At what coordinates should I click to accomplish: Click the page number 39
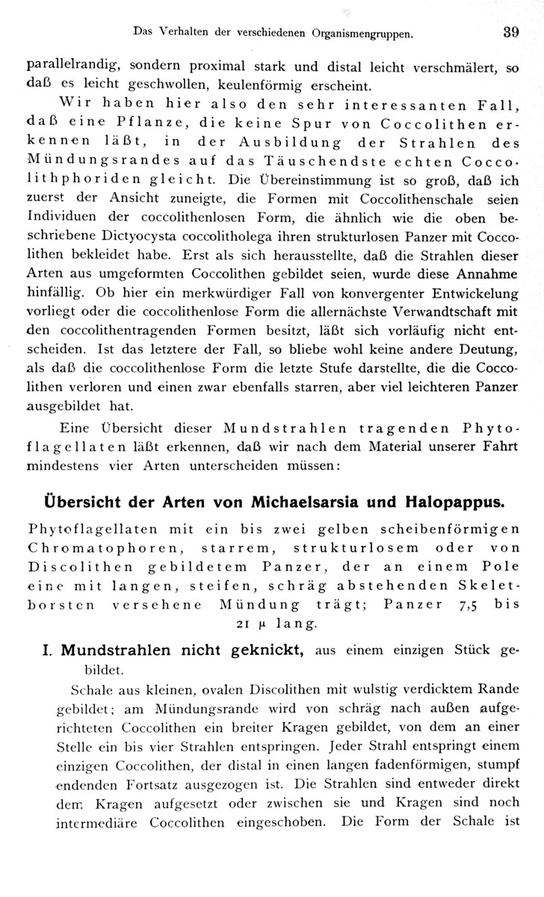tap(510, 32)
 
